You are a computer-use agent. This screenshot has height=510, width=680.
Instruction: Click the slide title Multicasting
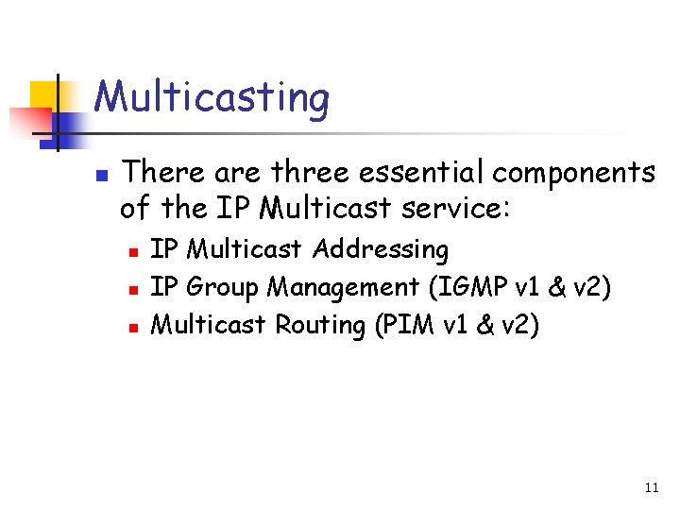point(212,98)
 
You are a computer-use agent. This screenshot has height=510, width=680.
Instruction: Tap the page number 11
point(651,488)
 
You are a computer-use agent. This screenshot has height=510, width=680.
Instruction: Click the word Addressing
point(381,250)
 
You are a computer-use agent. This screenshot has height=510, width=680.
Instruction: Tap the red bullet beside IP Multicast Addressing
point(133,251)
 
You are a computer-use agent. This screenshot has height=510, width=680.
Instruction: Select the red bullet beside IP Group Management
point(133,288)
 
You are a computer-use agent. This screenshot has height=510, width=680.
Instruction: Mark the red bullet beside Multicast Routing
point(133,326)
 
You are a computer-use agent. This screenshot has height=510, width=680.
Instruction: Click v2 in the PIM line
point(518,324)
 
